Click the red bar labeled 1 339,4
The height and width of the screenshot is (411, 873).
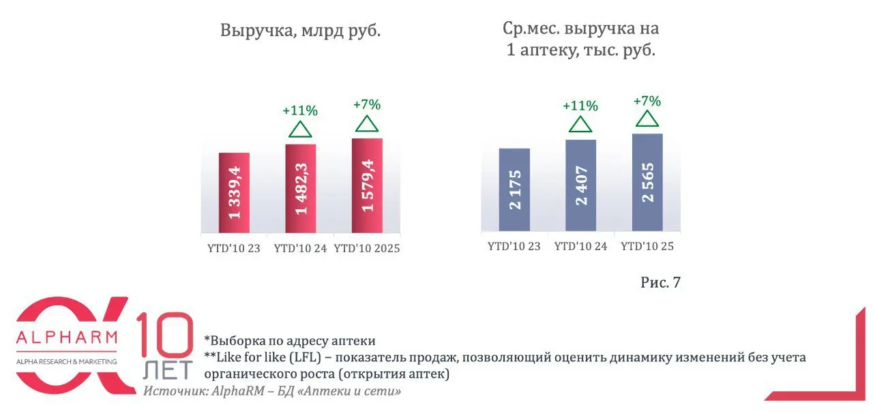coord(234,194)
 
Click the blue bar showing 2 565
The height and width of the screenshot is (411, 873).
coord(647,184)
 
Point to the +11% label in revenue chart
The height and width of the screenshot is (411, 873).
coord(300,110)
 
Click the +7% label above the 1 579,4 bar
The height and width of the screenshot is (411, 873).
coord(367,105)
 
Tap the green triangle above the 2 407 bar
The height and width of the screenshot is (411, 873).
coord(580,124)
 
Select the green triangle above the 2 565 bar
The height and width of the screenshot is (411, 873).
coord(647,119)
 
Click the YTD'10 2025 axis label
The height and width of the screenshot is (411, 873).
coord(367,249)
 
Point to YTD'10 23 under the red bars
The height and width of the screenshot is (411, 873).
coord(234,249)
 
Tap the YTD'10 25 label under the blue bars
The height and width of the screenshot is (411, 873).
coord(647,246)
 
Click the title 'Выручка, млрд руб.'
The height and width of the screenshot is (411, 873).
coord(300,31)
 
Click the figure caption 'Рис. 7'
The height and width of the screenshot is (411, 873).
coord(660,282)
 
